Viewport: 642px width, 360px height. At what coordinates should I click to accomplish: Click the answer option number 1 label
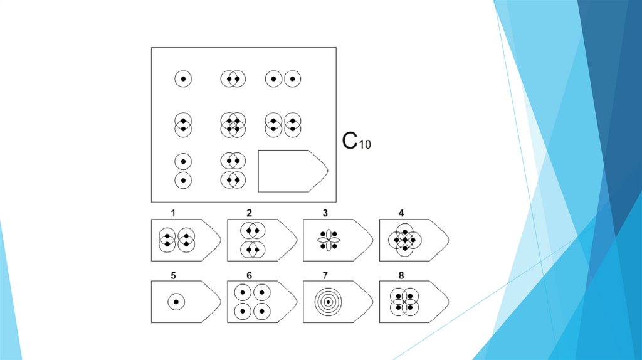click(173, 213)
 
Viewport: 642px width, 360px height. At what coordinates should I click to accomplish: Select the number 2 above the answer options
click(249, 213)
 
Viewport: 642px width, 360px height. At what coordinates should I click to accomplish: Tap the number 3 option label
click(325, 213)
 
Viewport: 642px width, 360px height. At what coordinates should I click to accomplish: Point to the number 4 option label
click(401, 213)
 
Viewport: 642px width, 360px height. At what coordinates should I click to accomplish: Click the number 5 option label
click(173, 275)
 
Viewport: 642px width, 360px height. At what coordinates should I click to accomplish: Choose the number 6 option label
click(249, 275)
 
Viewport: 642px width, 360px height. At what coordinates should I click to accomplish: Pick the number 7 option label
click(325, 275)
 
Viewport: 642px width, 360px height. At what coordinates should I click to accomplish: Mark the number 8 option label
click(401, 275)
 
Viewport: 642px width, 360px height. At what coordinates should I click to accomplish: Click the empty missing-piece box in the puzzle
click(292, 171)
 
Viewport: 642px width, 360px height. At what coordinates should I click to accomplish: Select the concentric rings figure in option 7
click(328, 302)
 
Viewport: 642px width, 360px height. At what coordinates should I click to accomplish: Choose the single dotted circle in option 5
click(176, 302)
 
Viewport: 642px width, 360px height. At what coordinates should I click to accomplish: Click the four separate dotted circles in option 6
click(251, 302)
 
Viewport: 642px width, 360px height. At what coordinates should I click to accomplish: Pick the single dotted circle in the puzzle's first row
click(183, 79)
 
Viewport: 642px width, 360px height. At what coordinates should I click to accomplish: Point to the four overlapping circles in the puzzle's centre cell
click(233, 124)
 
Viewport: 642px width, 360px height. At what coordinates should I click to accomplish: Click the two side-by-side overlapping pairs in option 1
click(177, 240)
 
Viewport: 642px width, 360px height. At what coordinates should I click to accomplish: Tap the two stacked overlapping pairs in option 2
click(253, 240)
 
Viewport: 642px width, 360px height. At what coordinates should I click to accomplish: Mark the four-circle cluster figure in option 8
click(404, 302)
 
